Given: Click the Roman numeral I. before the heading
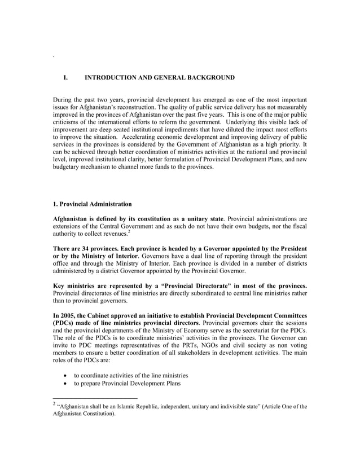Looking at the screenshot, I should (65, 77).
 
